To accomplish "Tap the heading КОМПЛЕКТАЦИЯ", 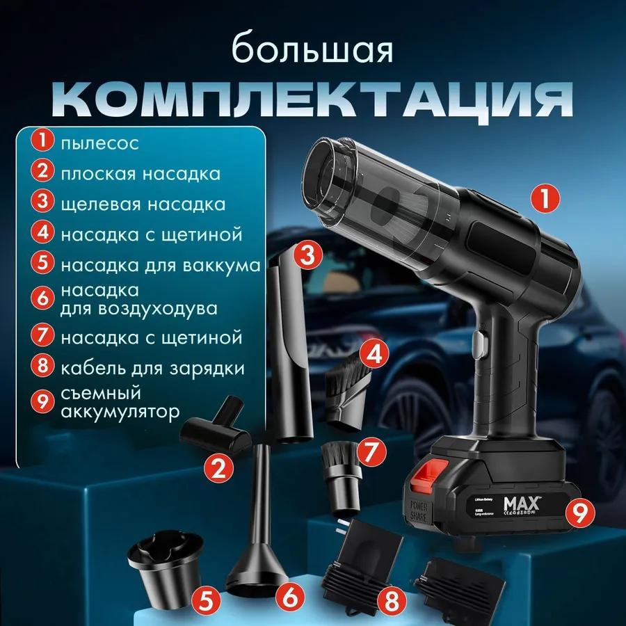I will (x=312, y=101).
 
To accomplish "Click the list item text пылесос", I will (x=99, y=143).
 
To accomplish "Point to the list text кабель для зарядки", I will (x=152, y=367).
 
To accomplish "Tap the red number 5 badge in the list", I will (x=42, y=265).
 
